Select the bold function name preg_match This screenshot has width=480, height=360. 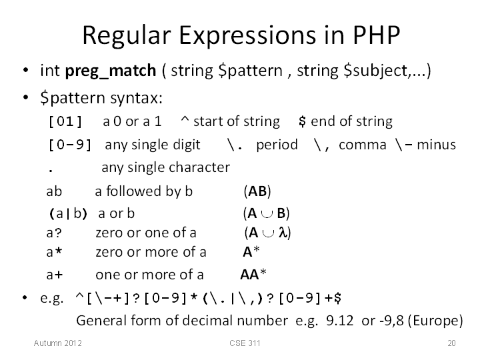(x=111, y=71)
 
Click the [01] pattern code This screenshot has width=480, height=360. (x=65, y=121)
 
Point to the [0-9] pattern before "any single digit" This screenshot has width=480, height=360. (x=70, y=145)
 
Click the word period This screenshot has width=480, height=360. (x=277, y=145)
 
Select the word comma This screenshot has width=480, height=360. (x=363, y=145)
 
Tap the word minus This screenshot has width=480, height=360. (x=436, y=145)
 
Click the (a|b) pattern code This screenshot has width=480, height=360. (x=68, y=214)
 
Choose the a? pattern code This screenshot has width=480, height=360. (x=54, y=233)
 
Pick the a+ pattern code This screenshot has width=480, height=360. (x=55, y=275)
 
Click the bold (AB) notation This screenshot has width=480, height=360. (x=257, y=191)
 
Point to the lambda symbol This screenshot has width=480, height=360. (x=283, y=233)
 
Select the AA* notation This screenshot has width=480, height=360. (x=253, y=274)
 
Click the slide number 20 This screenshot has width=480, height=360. (x=451, y=343)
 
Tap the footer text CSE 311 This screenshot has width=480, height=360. (x=245, y=343)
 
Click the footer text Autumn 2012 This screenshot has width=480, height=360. (x=57, y=343)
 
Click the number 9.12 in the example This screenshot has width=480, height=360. (x=340, y=321)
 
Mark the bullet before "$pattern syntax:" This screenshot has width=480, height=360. (x=26, y=98)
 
